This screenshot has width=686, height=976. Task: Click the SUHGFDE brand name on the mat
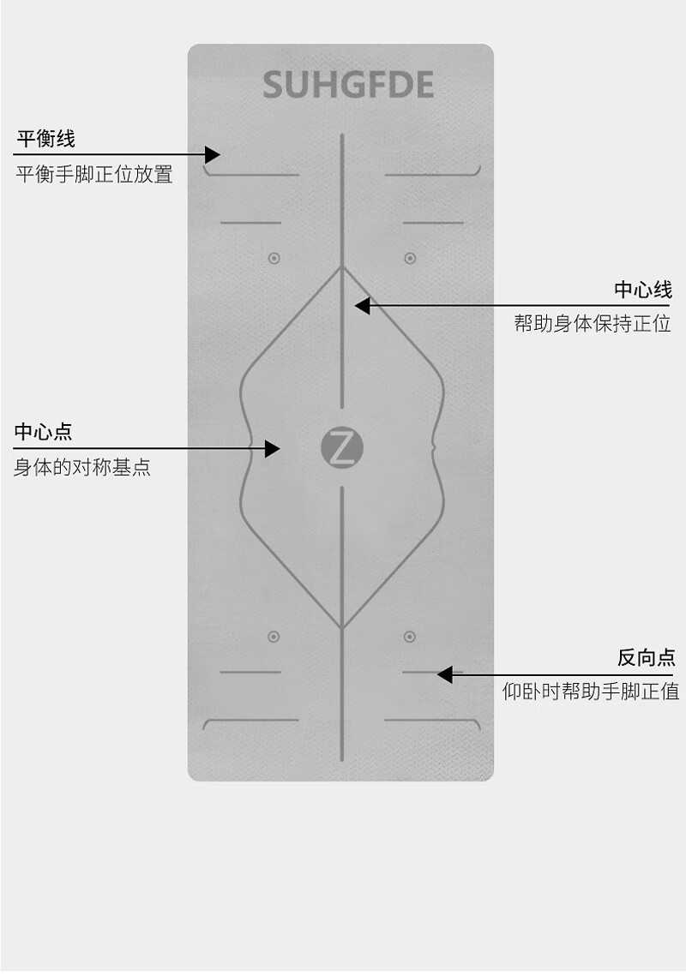pyautogui.click(x=348, y=86)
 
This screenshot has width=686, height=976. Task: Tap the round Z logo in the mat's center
pyautogui.click(x=342, y=449)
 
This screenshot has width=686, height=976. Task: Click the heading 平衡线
pyautogui.click(x=46, y=139)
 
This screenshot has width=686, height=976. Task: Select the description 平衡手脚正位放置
pyautogui.click(x=94, y=175)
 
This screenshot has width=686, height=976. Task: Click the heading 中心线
pyautogui.click(x=642, y=290)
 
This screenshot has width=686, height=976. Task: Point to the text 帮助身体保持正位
pyautogui.click(x=593, y=324)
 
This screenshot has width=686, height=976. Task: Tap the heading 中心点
pyautogui.click(x=43, y=432)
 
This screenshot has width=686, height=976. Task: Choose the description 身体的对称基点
pyautogui.click(x=82, y=468)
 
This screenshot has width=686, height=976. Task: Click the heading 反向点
pyautogui.click(x=646, y=657)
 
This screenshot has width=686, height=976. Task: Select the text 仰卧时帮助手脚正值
pyautogui.click(x=591, y=692)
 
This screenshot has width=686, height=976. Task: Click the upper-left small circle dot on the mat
pyautogui.click(x=274, y=258)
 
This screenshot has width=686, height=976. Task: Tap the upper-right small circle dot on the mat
pyautogui.click(x=410, y=258)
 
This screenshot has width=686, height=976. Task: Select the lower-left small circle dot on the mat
pyautogui.click(x=274, y=637)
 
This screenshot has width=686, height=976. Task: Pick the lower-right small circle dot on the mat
pyautogui.click(x=410, y=637)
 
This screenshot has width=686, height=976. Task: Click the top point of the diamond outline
pyautogui.click(x=342, y=266)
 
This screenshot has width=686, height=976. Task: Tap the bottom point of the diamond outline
pyautogui.click(x=342, y=628)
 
